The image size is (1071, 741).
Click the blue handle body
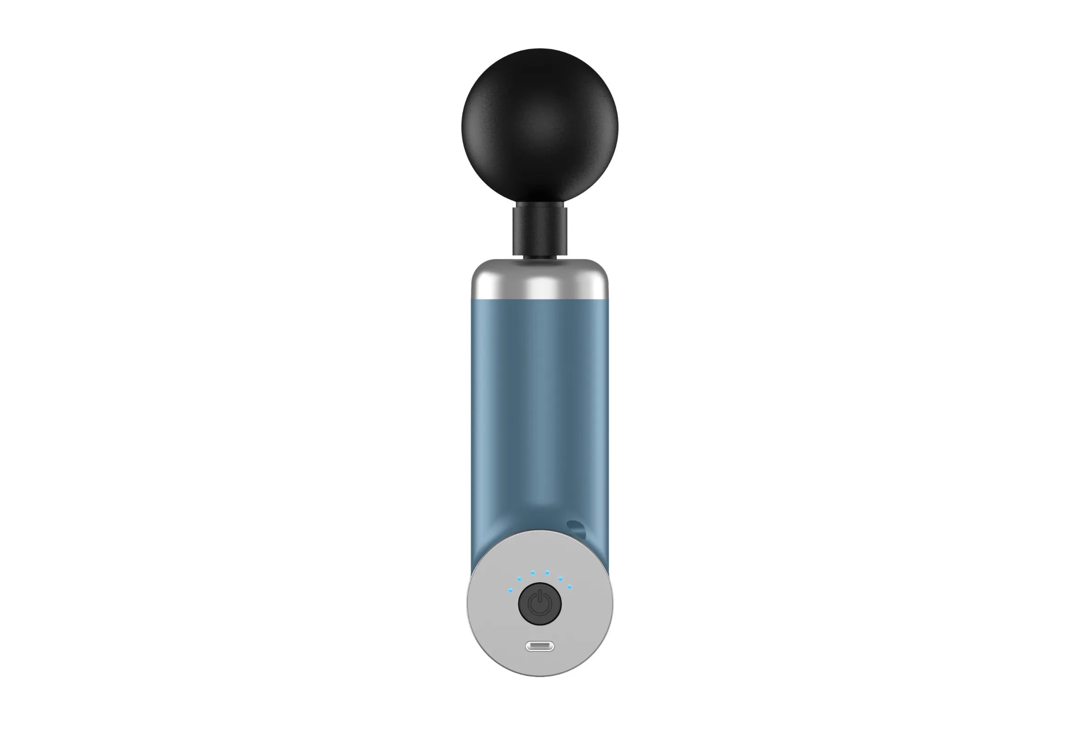(x=540, y=396)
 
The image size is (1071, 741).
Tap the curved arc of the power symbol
(x=540, y=614)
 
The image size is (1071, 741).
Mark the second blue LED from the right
(x=560, y=579)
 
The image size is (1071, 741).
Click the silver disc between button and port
(x=540, y=642)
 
